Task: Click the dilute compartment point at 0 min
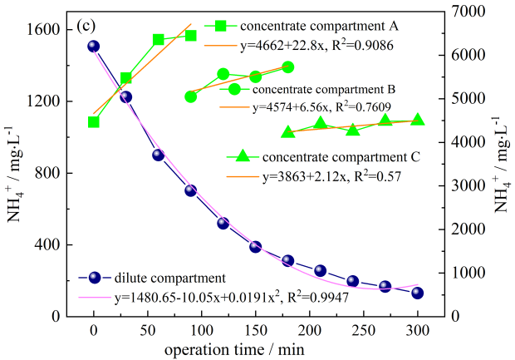[93, 47]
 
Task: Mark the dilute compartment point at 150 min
[255, 247]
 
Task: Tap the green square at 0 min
[93, 122]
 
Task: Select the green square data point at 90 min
[191, 36]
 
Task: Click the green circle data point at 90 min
[191, 96]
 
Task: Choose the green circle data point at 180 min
[288, 67]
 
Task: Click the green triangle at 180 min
[288, 132]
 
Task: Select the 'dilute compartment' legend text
[157, 279]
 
